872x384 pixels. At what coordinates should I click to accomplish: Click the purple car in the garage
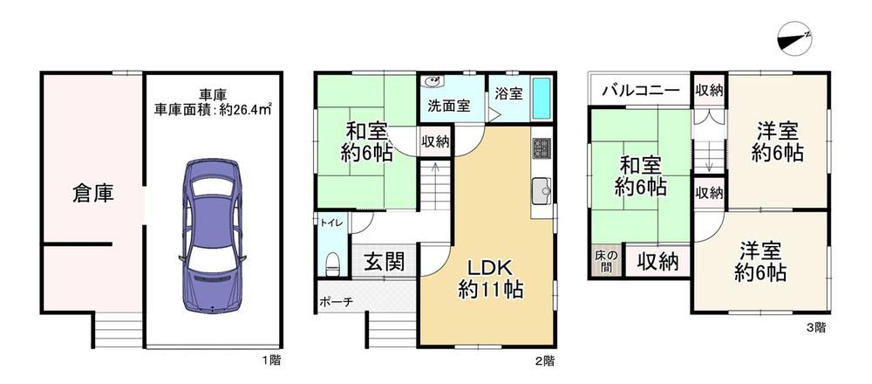pyautogui.click(x=213, y=236)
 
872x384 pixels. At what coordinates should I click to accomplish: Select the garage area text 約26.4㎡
pyautogui.click(x=244, y=109)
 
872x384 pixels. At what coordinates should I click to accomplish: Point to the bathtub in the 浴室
pyautogui.click(x=542, y=98)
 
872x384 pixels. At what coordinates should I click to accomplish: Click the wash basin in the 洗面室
pyautogui.click(x=432, y=82)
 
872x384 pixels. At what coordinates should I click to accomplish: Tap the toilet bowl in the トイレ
pyautogui.click(x=332, y=264)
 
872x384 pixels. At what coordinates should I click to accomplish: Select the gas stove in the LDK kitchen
pyautogui.click(x=541, y=148)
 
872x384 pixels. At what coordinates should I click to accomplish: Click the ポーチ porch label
pyautogui.click(x=336, y=302)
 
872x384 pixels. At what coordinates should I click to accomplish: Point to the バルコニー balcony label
pyautogui.click(x=640, y=90)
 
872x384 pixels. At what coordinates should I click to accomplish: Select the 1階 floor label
pyautogui.click(x=271, y=360)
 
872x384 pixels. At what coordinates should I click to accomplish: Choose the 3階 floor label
pyautogui.click(x=816, y=328)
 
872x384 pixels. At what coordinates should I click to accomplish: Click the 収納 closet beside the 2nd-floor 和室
pyautogui.click(x=435, y=142)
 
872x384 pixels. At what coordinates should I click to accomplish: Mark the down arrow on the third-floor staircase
pyautogui.click(x=709, y=165)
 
